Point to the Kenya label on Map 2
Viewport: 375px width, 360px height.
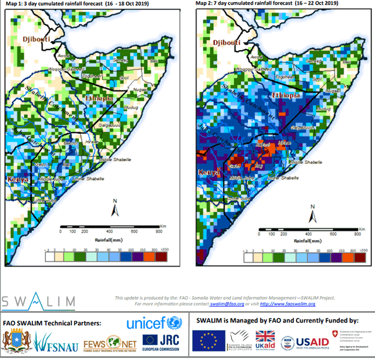210,171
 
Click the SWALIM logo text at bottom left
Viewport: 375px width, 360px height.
28,300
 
